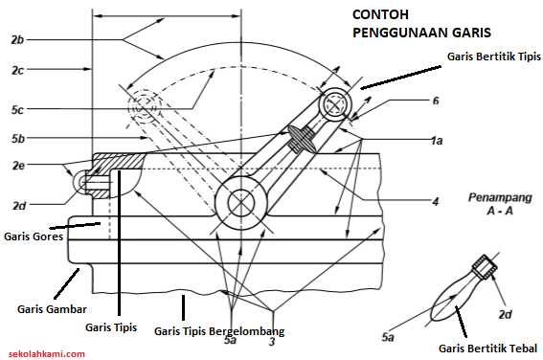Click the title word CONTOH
pos(380,14)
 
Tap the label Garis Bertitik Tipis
pos(494,56)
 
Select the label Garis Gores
pos(34,236)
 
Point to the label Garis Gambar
pos(52,309)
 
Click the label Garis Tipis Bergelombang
pos(219,331)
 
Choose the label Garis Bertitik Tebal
pos(487,349)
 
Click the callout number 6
pos(436,101)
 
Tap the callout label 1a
pos(437,141)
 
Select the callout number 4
pos(436,201)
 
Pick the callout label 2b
pos(17,40)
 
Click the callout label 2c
pos(17,70)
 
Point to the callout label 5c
pos(17,110)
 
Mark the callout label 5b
pos(18,139)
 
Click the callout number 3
pos(272,341)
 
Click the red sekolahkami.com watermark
pos(47,353)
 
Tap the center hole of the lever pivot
pos(241,203)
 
